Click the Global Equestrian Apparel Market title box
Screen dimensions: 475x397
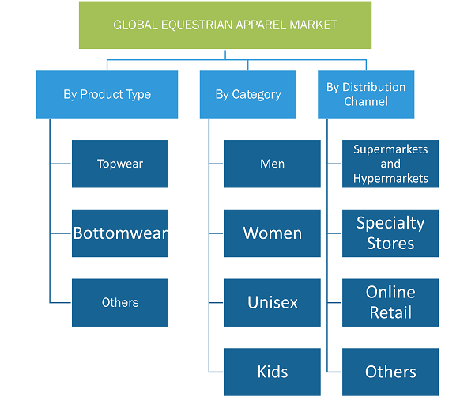(x=225, y=25)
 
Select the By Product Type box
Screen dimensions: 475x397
(x=107, y=94)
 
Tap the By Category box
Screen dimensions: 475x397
(x=248, y=94)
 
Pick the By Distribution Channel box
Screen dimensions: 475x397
(x=366, y=94)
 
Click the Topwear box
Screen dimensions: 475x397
(x=120, y=164)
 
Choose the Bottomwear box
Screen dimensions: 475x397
(x=120, y=233)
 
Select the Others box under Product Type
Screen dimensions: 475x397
(x=120, y=302)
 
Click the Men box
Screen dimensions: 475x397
(x=273, y=164)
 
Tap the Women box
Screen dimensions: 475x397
(x=273, y=233)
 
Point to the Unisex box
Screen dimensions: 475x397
(x=273, y=302)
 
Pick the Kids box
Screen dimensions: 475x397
(x=273, y=372)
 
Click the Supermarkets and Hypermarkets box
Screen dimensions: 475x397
(x=390, y=164)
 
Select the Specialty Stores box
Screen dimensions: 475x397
(x=390, y=233)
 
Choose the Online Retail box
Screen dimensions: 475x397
(x=390, y=302)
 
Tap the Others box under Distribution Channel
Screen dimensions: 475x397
(x=390, y=372)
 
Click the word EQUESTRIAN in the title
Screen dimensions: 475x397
(x=197, y=25)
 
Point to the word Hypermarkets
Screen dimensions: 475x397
(x=390, y=179)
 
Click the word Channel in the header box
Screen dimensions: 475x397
(x=366, y=101)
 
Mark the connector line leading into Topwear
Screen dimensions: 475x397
(x=61, y=164)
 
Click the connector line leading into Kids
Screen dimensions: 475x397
(x=216, y=372)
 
